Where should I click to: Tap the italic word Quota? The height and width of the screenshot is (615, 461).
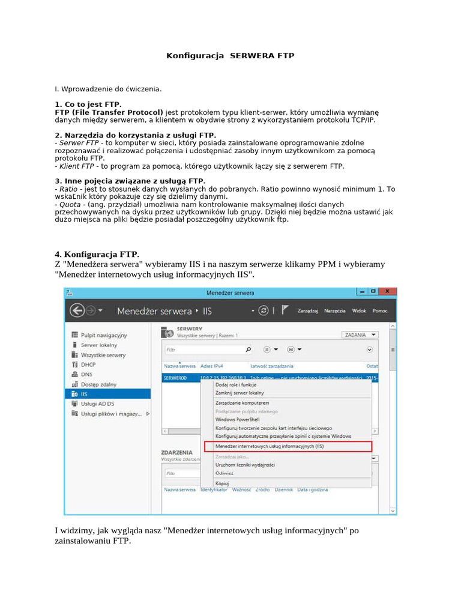coord(70,205)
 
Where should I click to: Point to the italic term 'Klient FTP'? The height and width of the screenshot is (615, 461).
coord(76,166)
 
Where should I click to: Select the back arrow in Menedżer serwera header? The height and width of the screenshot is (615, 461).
coord(76,311)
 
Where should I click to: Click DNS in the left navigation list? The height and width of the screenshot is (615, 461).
coord(86,374)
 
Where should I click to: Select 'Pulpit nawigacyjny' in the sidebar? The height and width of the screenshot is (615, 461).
coord(103,335)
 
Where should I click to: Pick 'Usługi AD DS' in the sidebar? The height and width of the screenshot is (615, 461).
coord(97,404)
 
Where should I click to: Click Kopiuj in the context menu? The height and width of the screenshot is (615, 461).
coord(222,483)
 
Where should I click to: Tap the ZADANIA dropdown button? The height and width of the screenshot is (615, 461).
coord(360,335)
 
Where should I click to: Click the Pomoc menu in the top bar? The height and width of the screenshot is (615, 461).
coord(379,311)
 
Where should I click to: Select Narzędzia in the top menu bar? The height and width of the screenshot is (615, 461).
coord(334,311)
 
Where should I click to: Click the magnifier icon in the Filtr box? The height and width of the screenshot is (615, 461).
coord(249,349)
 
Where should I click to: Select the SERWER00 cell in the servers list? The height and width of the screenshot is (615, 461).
coord(175,378)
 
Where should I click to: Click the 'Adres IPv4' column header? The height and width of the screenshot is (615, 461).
coord(214,366)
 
